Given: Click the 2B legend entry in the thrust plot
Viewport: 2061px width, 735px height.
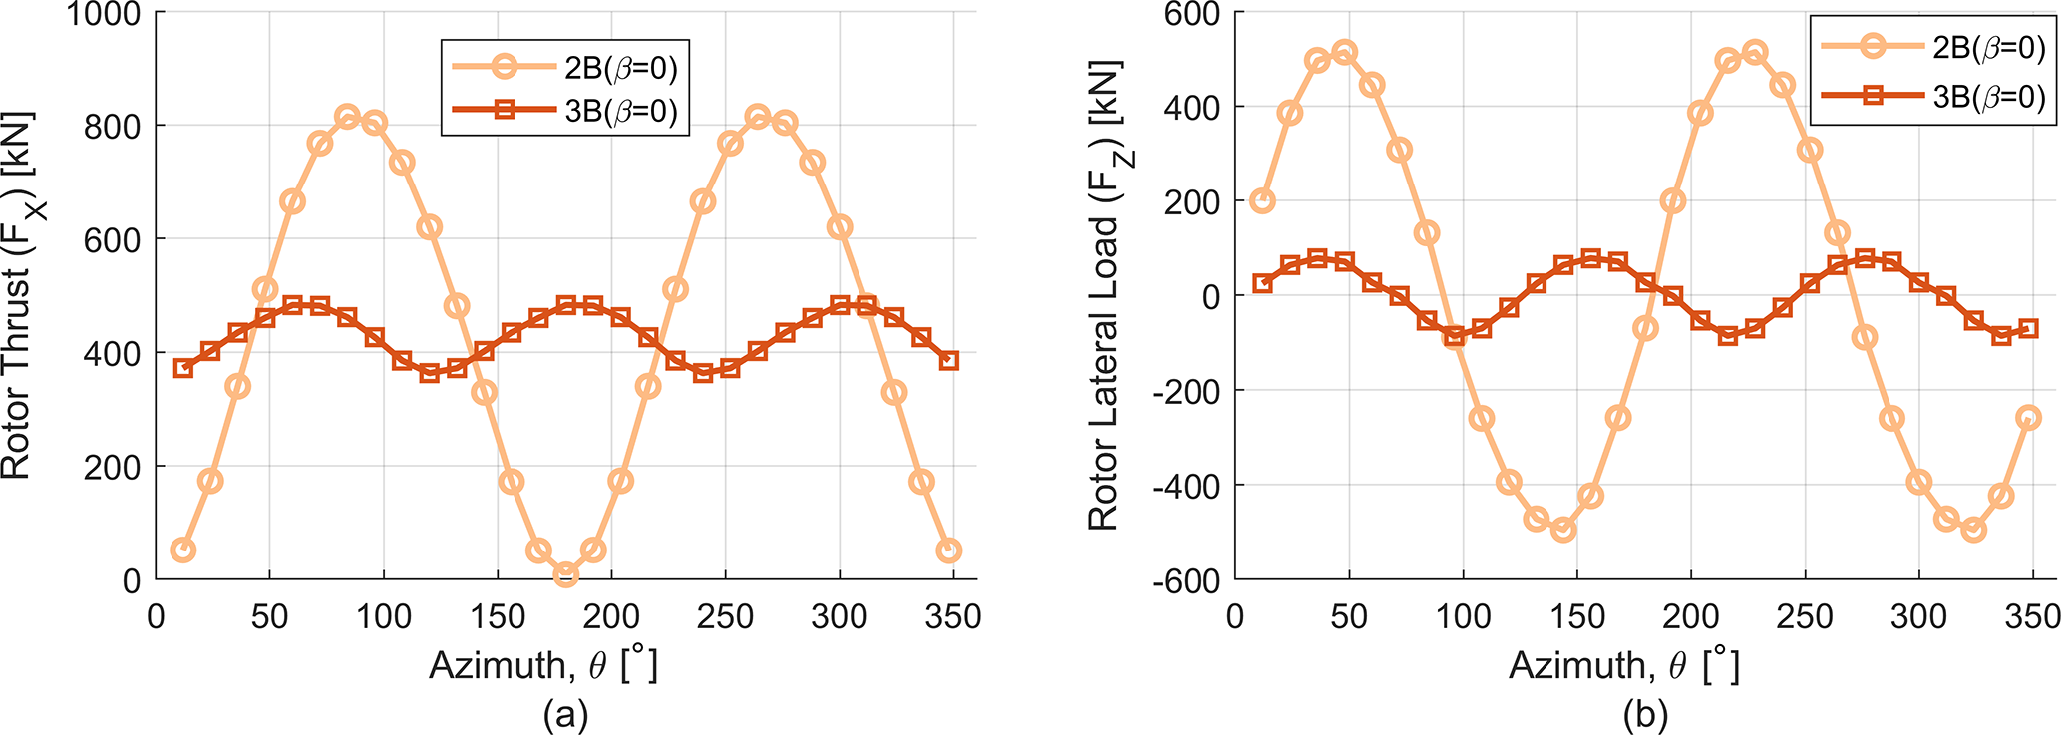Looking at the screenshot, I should pos(564,68).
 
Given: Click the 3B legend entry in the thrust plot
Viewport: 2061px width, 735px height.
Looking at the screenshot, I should pos(564,111).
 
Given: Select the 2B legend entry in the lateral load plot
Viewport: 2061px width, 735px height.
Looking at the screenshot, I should pos(1932,47).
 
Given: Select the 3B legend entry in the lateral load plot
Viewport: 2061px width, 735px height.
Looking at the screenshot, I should pos(1932,96).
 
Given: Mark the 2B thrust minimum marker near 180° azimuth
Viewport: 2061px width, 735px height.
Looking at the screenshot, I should pos(566,574).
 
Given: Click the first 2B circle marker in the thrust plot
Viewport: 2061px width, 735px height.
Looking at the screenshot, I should pos(182,551).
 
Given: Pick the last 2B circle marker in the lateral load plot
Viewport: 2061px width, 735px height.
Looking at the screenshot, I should pos(2028,418).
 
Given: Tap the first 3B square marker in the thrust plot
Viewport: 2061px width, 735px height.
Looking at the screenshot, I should pos(182,368).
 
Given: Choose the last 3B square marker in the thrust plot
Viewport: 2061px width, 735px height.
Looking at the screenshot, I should pos(949,360).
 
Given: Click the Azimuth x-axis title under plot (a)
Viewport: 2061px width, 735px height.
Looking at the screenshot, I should pos(543,665).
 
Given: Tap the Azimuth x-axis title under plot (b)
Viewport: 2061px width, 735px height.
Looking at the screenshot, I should pos(1623,665).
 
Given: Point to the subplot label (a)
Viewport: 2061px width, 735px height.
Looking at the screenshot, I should pos(565,714).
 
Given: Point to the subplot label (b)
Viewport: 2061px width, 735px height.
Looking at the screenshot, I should pos(1645,714).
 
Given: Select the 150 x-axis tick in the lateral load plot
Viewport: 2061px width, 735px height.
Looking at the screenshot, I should pos(1577,617).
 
